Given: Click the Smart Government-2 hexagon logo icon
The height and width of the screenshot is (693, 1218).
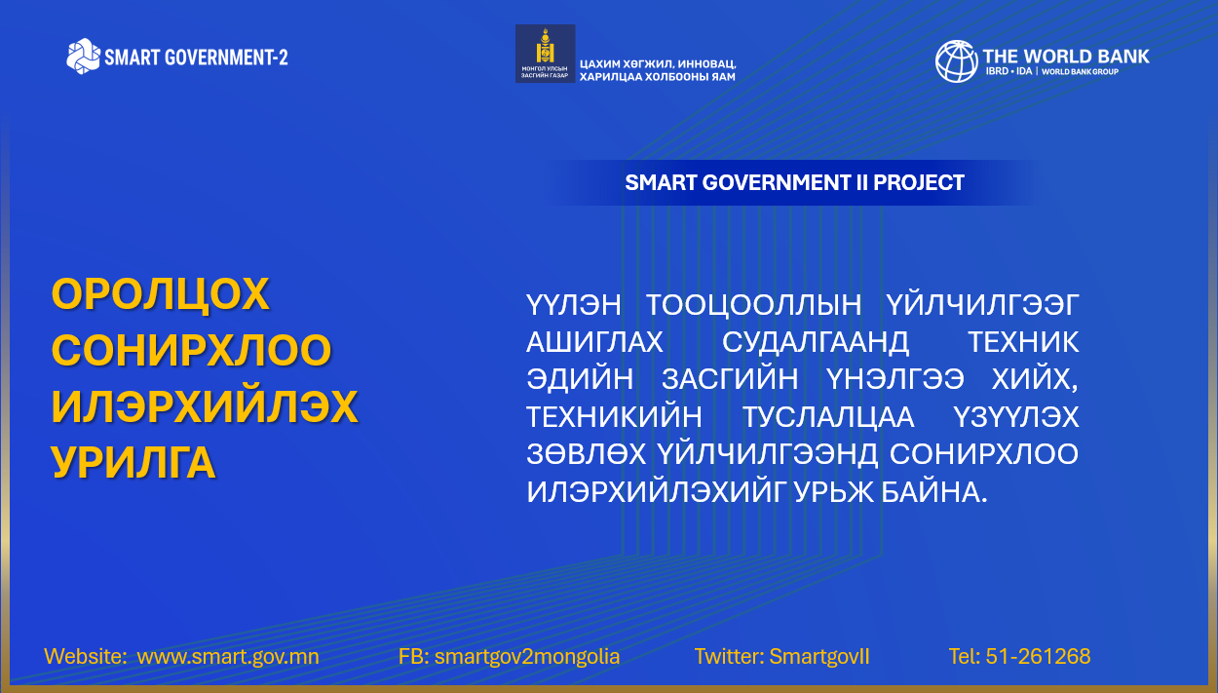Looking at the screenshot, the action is [x=83, y=56].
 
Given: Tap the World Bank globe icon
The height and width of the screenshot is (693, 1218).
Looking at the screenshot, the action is [x=956, y=61].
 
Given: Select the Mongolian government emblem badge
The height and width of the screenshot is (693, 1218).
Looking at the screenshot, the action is [x=545, y=54].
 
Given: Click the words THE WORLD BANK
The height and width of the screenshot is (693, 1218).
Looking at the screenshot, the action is [x=1066, y=56].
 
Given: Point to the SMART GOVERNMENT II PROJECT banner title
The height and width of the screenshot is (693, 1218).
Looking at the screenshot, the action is [x=794, y=183].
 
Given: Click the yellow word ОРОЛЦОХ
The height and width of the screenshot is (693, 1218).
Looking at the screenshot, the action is [x=161, y=293].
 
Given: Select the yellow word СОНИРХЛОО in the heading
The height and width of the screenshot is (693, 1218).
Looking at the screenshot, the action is [x=191, y=350].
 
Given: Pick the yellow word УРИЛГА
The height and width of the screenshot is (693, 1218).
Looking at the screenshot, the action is [x=133, y=462].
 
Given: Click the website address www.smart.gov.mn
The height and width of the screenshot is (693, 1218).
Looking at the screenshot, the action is [x=228, y=657].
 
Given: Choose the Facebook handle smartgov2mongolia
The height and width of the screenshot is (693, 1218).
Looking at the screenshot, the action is [x=527, y=657].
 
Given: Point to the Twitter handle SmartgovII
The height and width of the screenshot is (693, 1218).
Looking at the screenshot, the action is [x=819, y=657].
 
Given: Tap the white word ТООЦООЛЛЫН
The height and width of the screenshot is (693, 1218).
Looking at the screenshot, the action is [x=753, y=305].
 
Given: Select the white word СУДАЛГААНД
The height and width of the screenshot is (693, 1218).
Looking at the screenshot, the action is [x=816, y=342].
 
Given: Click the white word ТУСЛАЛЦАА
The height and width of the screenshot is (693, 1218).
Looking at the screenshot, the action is [x=828, y=417].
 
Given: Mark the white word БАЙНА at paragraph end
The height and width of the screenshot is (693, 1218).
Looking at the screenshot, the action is [x=933, y=492].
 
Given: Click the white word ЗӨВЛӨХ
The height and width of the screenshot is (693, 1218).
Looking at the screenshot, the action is [x=587, y=454].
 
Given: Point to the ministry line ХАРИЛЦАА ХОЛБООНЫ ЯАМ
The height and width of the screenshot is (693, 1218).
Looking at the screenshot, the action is [x=658, y=77].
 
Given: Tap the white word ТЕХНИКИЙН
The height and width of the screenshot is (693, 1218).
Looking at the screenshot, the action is [x=615, y=417].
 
